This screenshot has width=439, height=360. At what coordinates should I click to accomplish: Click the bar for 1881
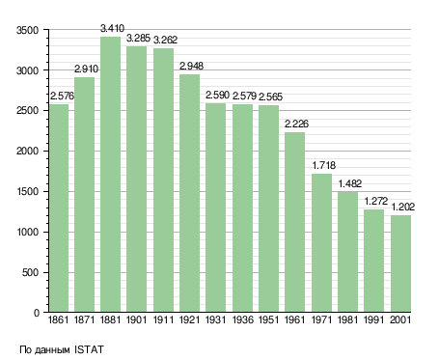point(110,174)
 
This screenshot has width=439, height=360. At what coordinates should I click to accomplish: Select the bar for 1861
point(59,208)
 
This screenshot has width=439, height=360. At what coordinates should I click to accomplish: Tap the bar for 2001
point(400,263)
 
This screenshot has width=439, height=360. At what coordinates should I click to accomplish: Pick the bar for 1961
point(294,222)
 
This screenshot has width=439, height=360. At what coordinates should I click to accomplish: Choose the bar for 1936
point(242,208)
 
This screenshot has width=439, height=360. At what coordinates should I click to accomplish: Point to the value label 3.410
point(112,28)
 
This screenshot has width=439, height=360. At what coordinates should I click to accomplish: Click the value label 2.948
point(191,66)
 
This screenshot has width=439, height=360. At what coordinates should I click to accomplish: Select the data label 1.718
point(324,165)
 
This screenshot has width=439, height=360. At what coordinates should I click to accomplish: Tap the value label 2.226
point(296,124)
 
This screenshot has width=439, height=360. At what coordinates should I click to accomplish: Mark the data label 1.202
point(403,207)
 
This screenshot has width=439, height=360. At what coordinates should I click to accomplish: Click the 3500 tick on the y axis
point(27,30)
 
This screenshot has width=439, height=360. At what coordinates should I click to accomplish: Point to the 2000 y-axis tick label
point(27,151)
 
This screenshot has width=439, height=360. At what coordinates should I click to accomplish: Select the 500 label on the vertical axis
point(30,272)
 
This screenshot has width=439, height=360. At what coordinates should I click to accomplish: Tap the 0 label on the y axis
point(37,313)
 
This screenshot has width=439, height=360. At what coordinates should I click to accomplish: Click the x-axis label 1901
point(136,320)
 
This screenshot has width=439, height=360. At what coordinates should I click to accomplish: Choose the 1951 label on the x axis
point(268,320)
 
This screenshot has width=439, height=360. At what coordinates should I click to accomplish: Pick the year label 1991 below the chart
point(373,320)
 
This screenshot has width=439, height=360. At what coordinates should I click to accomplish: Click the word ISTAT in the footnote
point(89,349)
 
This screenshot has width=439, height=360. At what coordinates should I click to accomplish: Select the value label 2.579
point(244,96)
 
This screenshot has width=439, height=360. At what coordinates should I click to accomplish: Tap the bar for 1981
point(347,252)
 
